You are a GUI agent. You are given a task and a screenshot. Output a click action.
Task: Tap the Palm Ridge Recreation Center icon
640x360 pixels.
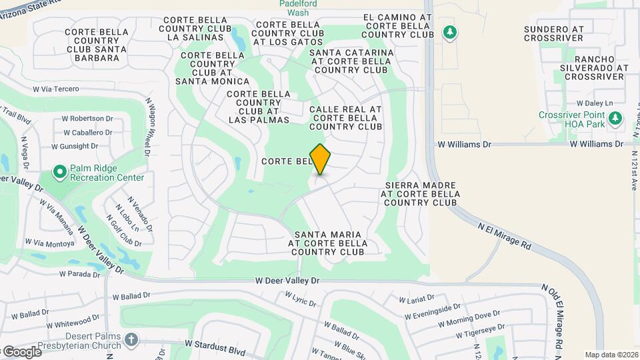[x=60, y=173]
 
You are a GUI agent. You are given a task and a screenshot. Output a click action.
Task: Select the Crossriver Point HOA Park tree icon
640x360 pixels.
[x=615, y=119]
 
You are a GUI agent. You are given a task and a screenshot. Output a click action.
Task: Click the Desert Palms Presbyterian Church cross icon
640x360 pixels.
[x=131, y=340]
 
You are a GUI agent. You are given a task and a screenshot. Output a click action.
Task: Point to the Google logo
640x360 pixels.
[x=22, y=352]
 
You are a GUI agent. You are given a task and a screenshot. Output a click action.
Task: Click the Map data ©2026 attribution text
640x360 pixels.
[x=611, y=355]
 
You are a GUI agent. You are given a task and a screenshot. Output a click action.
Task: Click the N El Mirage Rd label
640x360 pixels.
[x=504, y=237]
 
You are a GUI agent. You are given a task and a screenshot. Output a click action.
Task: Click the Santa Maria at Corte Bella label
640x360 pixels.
[x=328, y=243]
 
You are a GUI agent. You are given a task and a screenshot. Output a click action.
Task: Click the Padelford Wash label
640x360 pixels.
[x=294, y=7]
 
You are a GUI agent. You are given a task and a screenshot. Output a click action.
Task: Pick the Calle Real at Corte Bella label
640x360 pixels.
[x=345, y=117]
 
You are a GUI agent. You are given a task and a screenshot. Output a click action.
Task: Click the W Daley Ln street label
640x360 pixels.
[x=594, y=103]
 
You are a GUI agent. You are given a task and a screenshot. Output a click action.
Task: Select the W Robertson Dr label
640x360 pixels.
[x=87, y=119]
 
